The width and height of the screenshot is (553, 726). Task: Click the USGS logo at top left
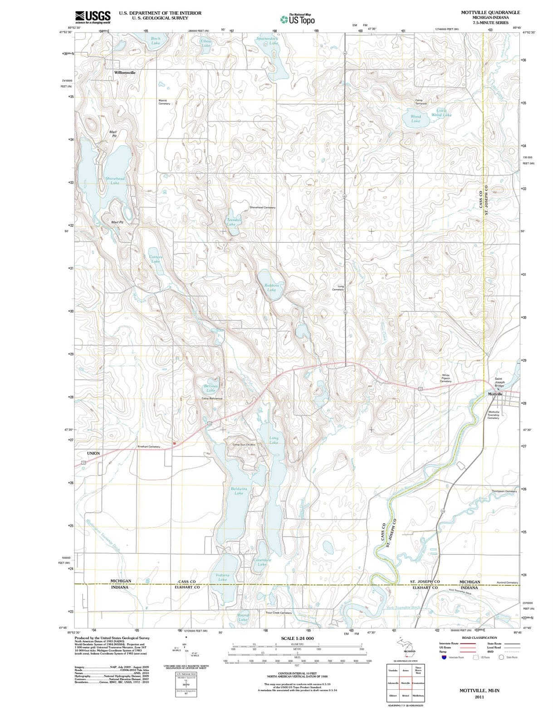93,17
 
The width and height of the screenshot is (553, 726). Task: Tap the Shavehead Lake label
115,181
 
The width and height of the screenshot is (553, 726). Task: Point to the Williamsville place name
125,72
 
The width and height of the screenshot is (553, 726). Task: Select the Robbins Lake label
271,287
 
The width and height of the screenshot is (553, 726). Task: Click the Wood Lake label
416,119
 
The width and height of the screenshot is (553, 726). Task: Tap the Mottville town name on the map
495,394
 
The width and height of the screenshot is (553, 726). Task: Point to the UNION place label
93,453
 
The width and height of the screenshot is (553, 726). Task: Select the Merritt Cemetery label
164,102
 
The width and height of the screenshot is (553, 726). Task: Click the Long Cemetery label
338,288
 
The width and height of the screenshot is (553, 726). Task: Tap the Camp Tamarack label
421,102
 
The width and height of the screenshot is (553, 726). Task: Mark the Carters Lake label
156,259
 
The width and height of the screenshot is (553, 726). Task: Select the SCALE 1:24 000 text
297,638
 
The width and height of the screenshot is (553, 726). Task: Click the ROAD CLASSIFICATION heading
479,638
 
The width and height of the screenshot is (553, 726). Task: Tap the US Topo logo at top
297,20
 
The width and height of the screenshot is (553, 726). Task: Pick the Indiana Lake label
222,577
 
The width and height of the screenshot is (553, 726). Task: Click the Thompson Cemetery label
504,491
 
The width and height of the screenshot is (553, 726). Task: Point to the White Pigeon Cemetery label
445,378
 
